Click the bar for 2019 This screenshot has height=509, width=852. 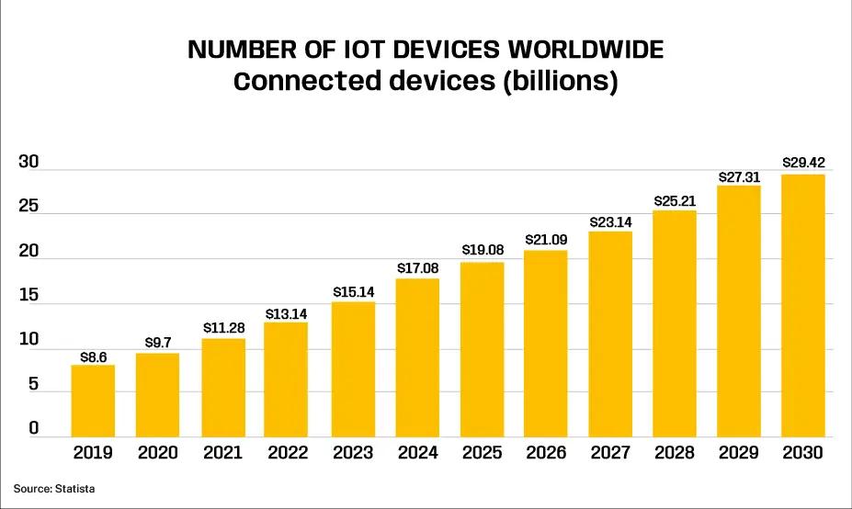pos(93,401)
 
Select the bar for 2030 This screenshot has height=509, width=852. pos(802,305)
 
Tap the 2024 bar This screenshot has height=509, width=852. pos(416,357)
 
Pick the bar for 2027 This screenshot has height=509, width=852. pos(610,334)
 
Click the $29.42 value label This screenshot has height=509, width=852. pos(803,163)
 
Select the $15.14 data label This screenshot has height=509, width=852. pos(353,291)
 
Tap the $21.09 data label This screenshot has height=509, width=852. pos(546,239)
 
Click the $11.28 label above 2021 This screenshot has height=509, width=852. pos(223,327)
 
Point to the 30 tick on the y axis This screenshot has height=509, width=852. pos(28,163)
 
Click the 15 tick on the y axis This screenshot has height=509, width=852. pos(28,296)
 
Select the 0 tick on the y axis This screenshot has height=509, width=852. pos(33,429)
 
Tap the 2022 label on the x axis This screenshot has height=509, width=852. pos(287,453)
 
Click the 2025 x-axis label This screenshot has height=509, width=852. pos(481,453)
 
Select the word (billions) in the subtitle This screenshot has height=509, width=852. pos(559,81)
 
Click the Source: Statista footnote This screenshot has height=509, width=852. pos(54,489)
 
